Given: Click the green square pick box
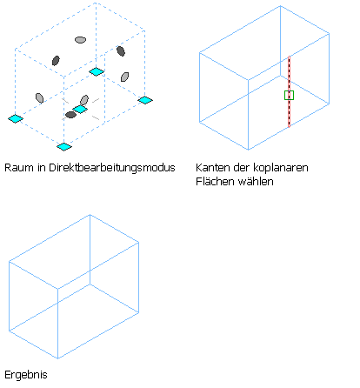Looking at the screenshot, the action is tap(289, 95).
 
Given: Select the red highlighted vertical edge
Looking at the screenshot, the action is tap(289, 91).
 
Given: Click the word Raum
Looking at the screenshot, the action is tap(19, 168).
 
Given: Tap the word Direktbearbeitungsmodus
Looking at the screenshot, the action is tap(112, 168).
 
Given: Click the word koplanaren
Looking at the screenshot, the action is tap(281, 168).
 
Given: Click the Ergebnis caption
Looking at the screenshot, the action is tap(26, 375).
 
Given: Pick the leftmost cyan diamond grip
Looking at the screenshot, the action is tap(16, 118).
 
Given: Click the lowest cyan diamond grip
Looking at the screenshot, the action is tap(64, 146).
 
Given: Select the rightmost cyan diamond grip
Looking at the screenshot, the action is tap(145, 100).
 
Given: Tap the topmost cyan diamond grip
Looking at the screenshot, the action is tap(97, 71).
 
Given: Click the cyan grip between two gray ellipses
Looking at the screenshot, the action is tap(80, 110).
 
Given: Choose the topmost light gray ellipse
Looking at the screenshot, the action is tap(80, 40).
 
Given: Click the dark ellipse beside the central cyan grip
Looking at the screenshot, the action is tap(70, 115).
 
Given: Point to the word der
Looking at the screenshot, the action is tap(242, 168).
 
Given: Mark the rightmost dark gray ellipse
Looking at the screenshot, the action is tap(121, 51).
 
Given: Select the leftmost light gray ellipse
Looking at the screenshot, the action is tap(39, 98).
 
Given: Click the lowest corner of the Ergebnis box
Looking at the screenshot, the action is tap(58, 358).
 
